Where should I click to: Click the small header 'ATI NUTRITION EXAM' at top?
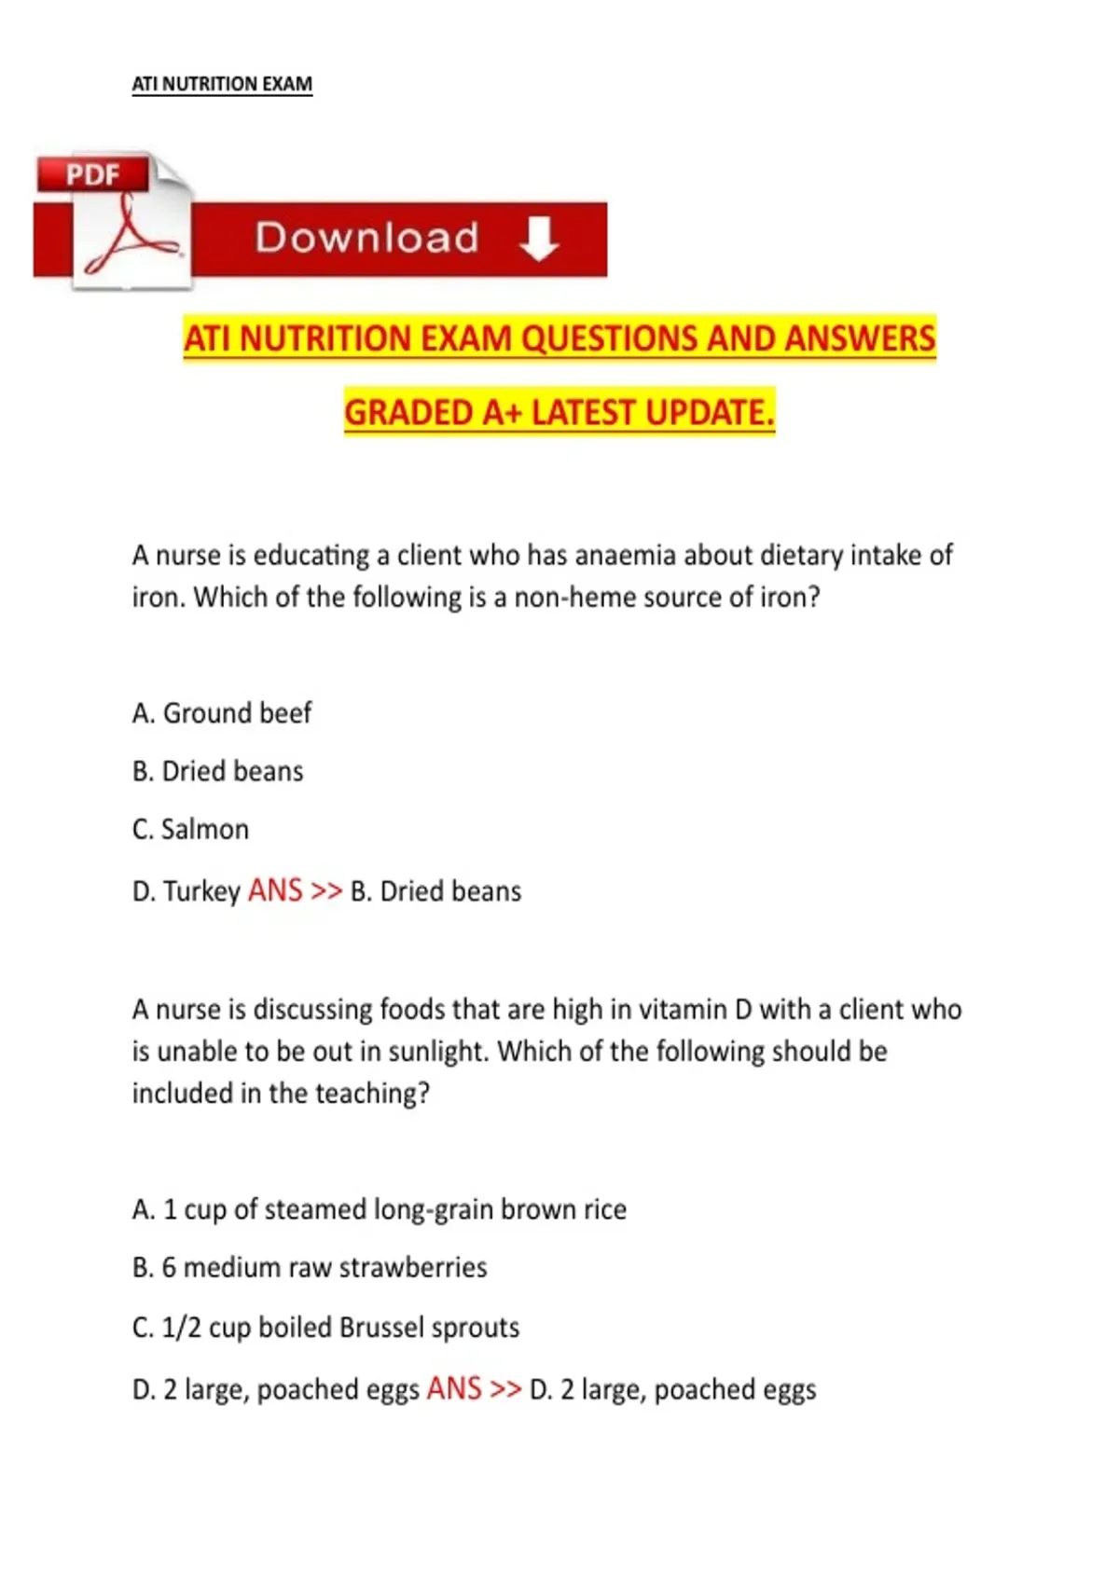tap(222, 84)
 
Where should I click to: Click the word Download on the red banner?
tap(366, 239)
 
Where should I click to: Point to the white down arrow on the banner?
tap(539, 239)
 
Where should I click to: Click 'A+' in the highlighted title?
tap(503, 412)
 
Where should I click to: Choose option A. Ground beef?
tap(222, 713)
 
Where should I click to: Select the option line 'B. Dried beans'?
tap(218, 771)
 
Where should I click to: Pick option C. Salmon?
tap(191, 829)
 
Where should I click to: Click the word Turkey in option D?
tap(201, 891)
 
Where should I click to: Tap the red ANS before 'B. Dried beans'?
tap(275, 890)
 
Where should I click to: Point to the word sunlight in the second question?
tap(438, 1052)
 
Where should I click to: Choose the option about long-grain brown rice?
tap(379, 1209)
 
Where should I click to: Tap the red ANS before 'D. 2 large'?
tap(454, 1389)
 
